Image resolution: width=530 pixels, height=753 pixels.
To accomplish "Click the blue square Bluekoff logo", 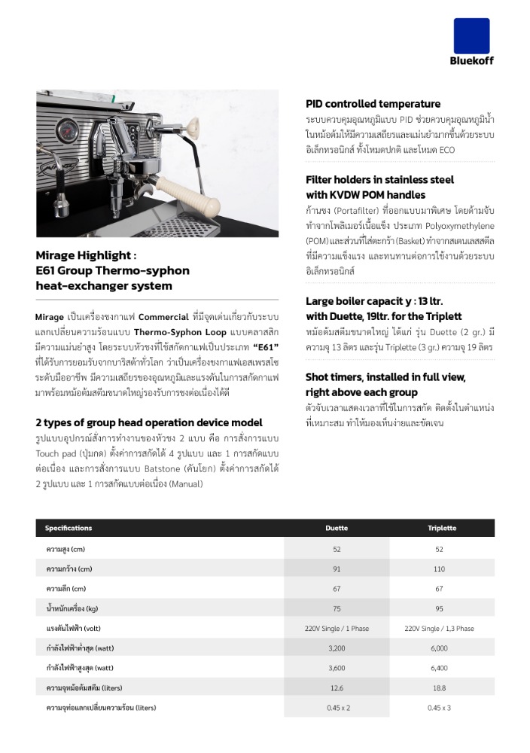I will point(471,35).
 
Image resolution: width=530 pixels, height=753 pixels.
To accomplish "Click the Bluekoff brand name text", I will point(471,61).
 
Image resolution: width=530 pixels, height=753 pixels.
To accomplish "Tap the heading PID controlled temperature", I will point(373,104).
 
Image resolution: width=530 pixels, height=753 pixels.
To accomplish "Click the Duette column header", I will point(337,528).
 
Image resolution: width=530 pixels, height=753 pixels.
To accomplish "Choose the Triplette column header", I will point(442,528).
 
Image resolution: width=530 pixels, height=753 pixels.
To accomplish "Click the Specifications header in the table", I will point(69,528).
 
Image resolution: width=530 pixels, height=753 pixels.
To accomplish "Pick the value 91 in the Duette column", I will point(337,569).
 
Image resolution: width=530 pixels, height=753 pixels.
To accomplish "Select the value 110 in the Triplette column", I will point(439,569).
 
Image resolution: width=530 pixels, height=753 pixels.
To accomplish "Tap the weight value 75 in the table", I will point(337,608).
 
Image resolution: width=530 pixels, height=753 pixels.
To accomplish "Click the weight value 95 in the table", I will point(439,608).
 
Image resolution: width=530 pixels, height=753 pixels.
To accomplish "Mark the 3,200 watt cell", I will point(337,648).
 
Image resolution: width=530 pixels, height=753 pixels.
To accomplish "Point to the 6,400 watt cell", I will point(439,668).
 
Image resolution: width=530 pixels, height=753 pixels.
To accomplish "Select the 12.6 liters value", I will point(337,688).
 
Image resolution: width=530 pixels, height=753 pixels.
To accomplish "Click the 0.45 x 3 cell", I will point(439,708).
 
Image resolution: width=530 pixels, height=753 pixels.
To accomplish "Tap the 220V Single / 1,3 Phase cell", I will point(439,628).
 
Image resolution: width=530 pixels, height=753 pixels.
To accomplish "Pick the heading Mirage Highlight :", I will point(86,255).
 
